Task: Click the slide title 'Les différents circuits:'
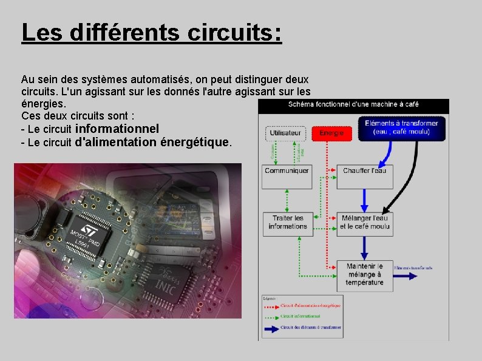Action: coord(151,32)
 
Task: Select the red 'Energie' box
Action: coord(331,133)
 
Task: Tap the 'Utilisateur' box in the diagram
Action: coord(285,133)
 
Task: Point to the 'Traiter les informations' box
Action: coord(287,222)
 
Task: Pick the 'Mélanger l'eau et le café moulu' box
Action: coord(365,222)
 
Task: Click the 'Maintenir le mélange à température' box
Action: coord(365,274)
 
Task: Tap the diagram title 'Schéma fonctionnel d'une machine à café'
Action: coord(353,104)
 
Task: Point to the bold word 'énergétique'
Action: coord(194,143)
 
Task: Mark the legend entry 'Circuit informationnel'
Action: coord(300,316)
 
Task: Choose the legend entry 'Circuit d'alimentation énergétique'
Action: coord(310,305)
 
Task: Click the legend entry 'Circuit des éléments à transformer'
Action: coord(310,328)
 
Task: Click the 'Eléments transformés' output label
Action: coord(414,268)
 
